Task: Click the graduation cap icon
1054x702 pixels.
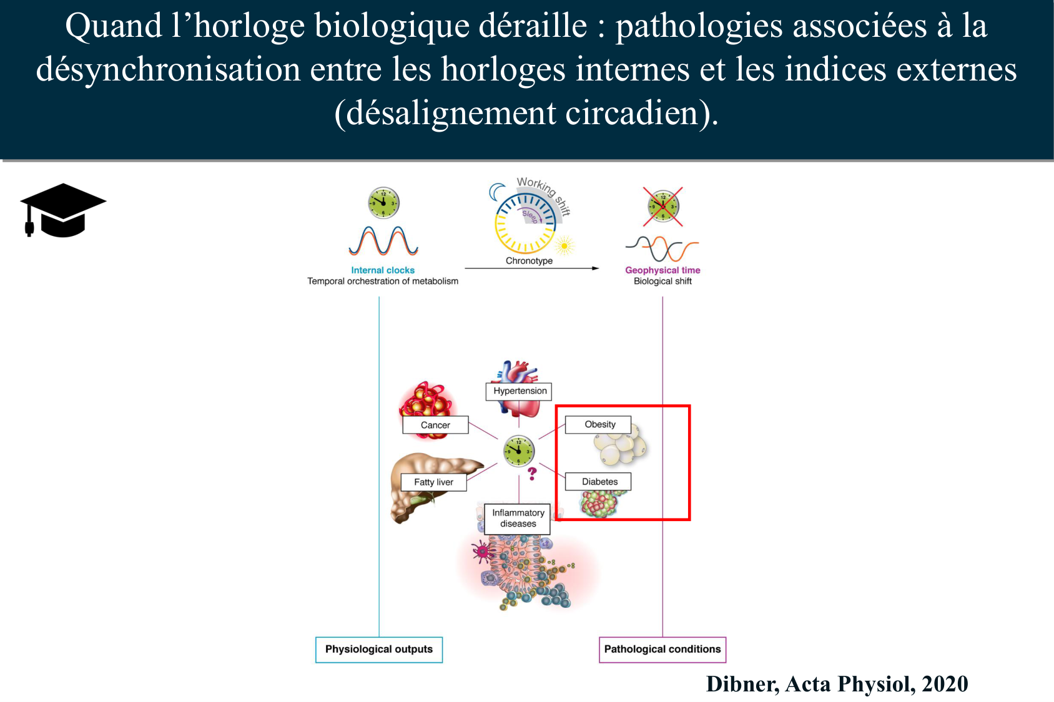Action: [62, 210]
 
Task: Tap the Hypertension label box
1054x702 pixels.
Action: [519, 391]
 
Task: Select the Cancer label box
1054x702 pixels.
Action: [435, 425]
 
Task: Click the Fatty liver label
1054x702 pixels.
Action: [433, 482]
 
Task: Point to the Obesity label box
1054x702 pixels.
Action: [599, 424]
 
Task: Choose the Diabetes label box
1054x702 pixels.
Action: [599, 482]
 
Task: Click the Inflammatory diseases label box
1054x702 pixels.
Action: [518, 519]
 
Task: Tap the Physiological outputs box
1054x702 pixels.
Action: [378, 650]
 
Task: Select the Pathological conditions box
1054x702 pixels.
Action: [662, 650]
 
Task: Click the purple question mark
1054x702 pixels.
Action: [532, 474]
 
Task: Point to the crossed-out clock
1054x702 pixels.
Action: [663, 206]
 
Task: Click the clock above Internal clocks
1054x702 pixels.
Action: [383, 202]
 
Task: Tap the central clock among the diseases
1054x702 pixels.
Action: [519, 451]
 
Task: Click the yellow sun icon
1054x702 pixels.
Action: [564, 246]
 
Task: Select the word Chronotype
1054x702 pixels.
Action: [529, 261]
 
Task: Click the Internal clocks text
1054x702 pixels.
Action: [383, 270]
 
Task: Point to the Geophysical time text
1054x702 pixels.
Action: [662, 270]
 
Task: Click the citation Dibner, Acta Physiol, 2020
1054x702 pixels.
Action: [837, 685]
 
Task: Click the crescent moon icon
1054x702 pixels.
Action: [497, 191]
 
